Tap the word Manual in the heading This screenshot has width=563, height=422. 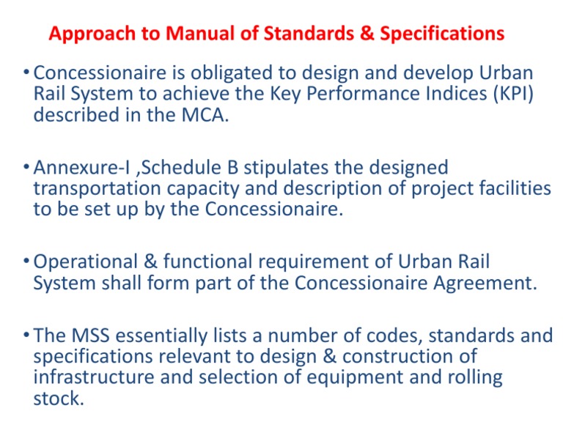click(188, 34)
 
